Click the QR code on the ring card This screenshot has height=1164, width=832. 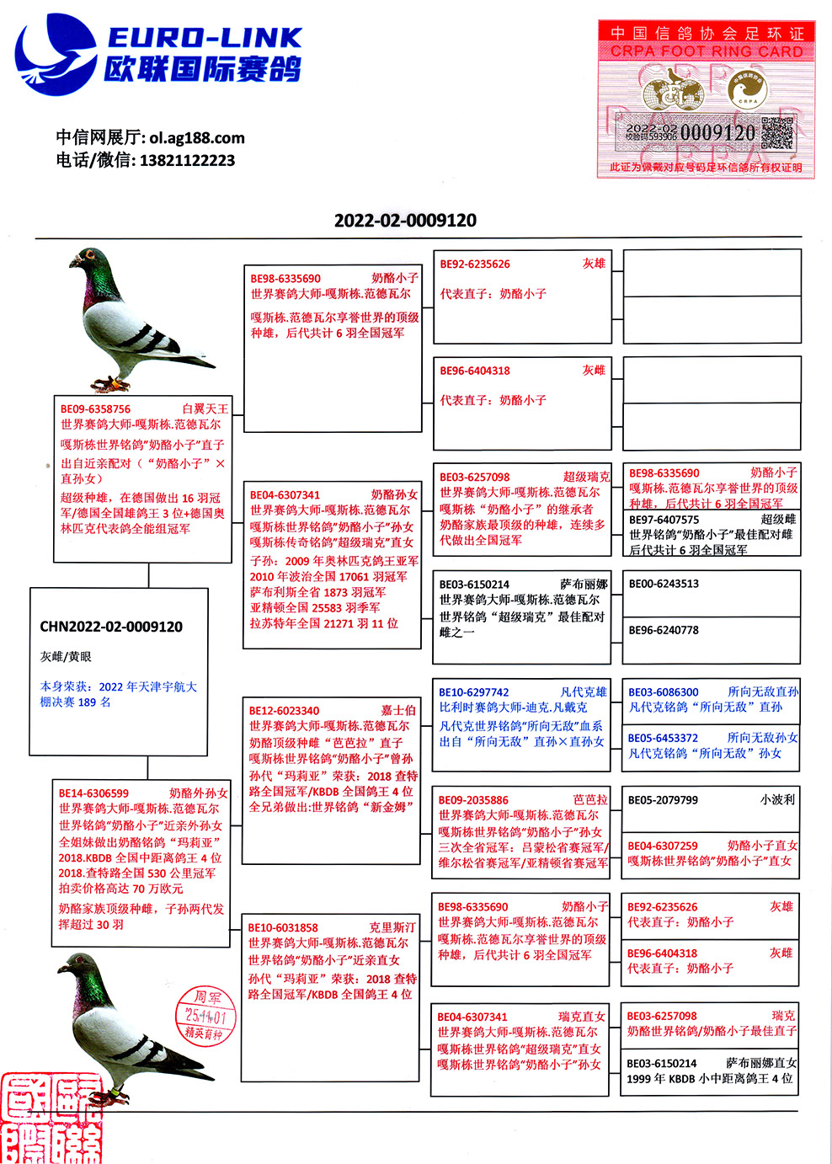click(x=777, y=133)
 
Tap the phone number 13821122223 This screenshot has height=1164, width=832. click(x=187, y=160)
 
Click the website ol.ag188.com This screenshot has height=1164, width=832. click(x=197, y=137)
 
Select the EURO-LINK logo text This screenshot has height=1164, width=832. click(x=204, y=38)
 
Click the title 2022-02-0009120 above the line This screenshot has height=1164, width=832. click(x=405, y=221)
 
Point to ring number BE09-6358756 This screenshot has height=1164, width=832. click(x=95, y=409)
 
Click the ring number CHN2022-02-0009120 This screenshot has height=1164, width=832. click(x=111, y=627)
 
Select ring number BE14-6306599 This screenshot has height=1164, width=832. click(x=93, y=793)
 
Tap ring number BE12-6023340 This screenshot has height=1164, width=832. click(x=284, y=711)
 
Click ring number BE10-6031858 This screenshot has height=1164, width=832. click(x=283, y=927)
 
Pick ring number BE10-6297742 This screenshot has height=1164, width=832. click(x=473, y=692)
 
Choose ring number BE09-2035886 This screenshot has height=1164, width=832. click(x=473, y=800)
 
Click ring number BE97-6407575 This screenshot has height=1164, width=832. click(x=664, y=520)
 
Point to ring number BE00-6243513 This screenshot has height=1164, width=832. click(x=664, y=584)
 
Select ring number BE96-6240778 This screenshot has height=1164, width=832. click(x=664, y=630)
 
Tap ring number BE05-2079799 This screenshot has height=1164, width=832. click(x=663, y=800)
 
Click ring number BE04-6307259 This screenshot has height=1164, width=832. click(x=663, y=846)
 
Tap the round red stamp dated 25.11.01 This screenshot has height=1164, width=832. click(x=205, y=1015)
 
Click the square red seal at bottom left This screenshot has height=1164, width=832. click(x=51, y=1119)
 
